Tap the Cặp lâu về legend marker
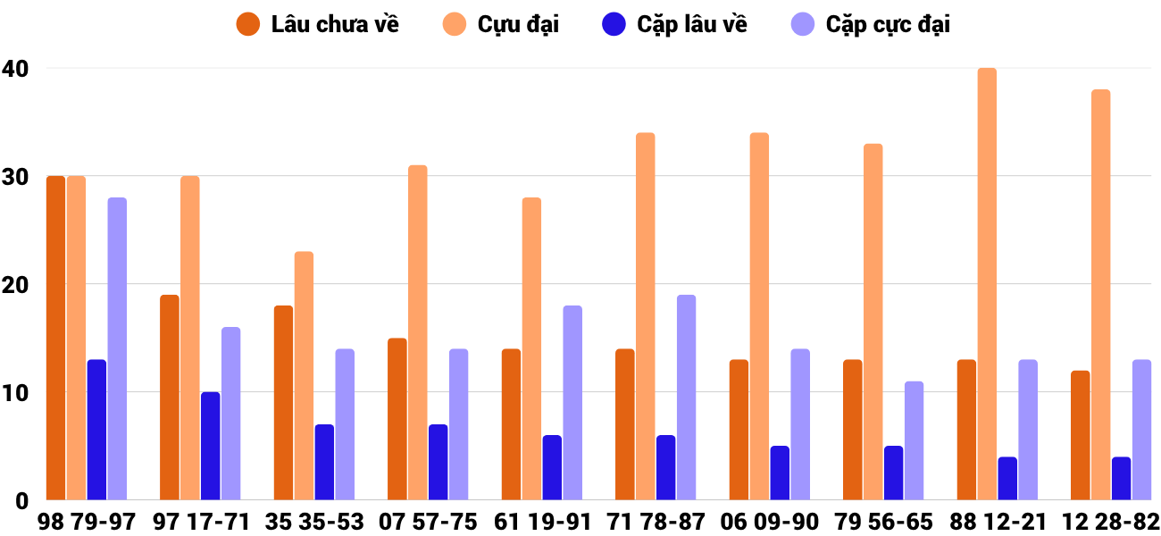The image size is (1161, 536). [614, 24]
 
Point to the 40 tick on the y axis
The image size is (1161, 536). [15, 68]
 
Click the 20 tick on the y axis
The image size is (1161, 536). [15, 284]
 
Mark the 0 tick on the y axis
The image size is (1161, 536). [21, 500]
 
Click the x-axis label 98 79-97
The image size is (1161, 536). [87, 522]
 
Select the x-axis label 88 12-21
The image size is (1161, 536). [997, 522]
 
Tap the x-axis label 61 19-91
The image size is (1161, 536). [542, 522]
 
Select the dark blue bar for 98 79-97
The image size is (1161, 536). [96, 430]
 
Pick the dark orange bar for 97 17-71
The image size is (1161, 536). [170, 398]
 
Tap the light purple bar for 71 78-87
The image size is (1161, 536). [686, 398]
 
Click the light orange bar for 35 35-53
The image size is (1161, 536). [304, 376]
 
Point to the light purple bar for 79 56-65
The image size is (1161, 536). [914, 440]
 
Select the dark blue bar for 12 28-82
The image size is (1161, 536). [1121, 479]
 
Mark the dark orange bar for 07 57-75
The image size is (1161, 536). [397, 419]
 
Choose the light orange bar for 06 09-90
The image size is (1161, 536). [759, 316]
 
